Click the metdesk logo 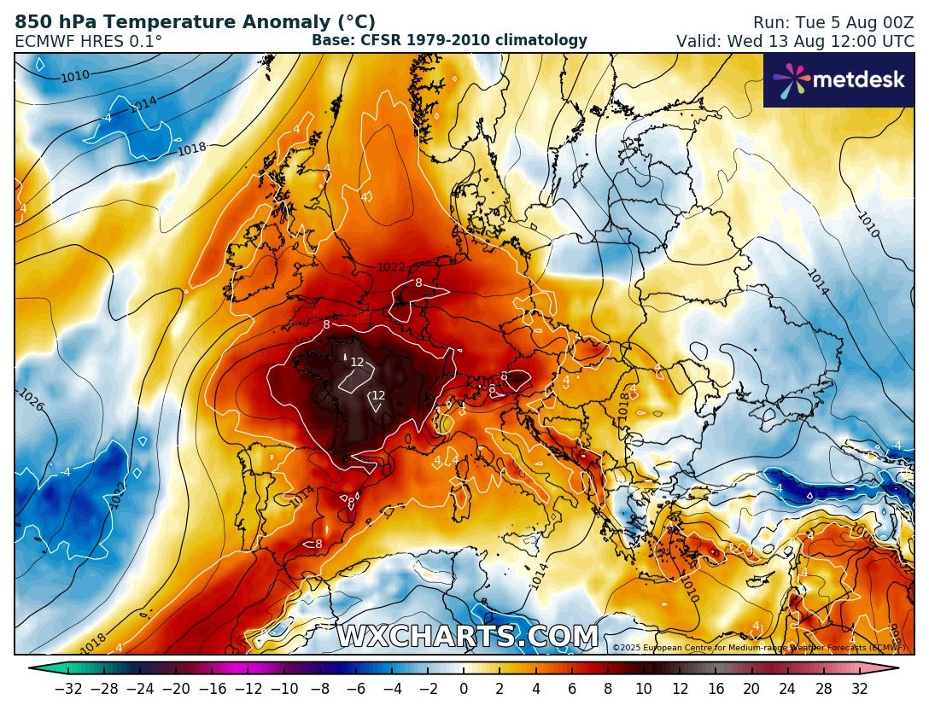(838, 80)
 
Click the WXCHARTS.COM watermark (467, 637)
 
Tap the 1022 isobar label (391, 267)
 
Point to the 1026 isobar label (31, 399)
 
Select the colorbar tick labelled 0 (464, 689)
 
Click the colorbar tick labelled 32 (860, 689)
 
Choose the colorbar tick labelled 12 (680, 689)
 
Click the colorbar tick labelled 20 (751, 689)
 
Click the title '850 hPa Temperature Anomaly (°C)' (195, 22)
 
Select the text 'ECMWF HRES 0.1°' (89, 41)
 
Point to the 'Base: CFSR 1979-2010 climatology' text (449, 40)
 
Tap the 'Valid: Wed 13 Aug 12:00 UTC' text (795, 41)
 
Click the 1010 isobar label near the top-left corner (75, 77)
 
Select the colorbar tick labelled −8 (319, 689)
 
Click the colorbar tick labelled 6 (571, 689)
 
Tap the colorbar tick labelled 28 (824, 689)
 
